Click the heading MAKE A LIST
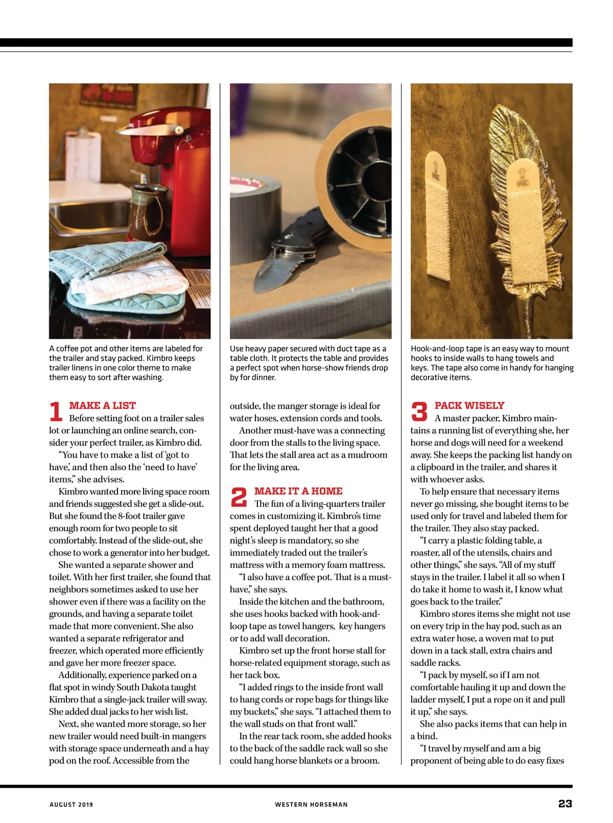[x=102, y=406]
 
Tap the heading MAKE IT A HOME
[x=298, y=491]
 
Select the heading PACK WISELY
[x=469, y=406]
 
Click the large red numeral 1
[x=56, y=412]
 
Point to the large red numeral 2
[x=239, y=497]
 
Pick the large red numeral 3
[x=419, y=412]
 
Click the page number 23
[x=564, y=804]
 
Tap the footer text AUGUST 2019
[x=71, y=805]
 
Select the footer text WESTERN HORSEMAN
[x=311, y=805]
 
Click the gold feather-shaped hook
[x=516, y=194]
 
